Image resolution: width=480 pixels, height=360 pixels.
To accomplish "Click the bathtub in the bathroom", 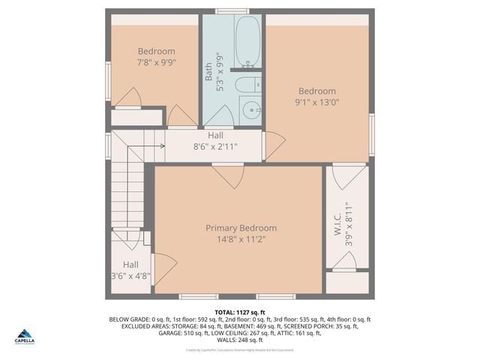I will (x=247, y=42).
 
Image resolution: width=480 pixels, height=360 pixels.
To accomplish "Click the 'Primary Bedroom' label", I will (x=241, y=228).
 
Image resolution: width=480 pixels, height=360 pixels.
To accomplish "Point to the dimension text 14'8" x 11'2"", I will (x=241, y=239).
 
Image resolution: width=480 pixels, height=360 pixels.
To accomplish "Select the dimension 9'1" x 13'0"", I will (x=315, y=103).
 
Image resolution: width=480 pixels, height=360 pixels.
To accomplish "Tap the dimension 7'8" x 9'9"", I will (x=156, y=63).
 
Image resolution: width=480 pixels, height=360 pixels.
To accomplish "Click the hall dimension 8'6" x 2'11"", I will (x=215, y=147).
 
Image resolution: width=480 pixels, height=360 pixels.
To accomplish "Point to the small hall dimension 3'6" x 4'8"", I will (x=130, y=275).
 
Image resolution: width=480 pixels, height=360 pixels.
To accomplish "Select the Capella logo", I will (x=25, y=337).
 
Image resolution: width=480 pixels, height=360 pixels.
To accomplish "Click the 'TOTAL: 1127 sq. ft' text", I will (x=239, y=312).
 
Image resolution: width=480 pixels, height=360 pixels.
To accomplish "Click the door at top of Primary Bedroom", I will (x=228, y=175).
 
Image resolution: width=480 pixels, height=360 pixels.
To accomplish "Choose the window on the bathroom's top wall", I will (x=232, y=11).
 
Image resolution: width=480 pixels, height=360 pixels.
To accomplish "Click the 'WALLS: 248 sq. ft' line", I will (x=239, y=340).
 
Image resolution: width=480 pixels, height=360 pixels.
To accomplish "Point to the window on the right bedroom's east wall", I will (x=371, y=135).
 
